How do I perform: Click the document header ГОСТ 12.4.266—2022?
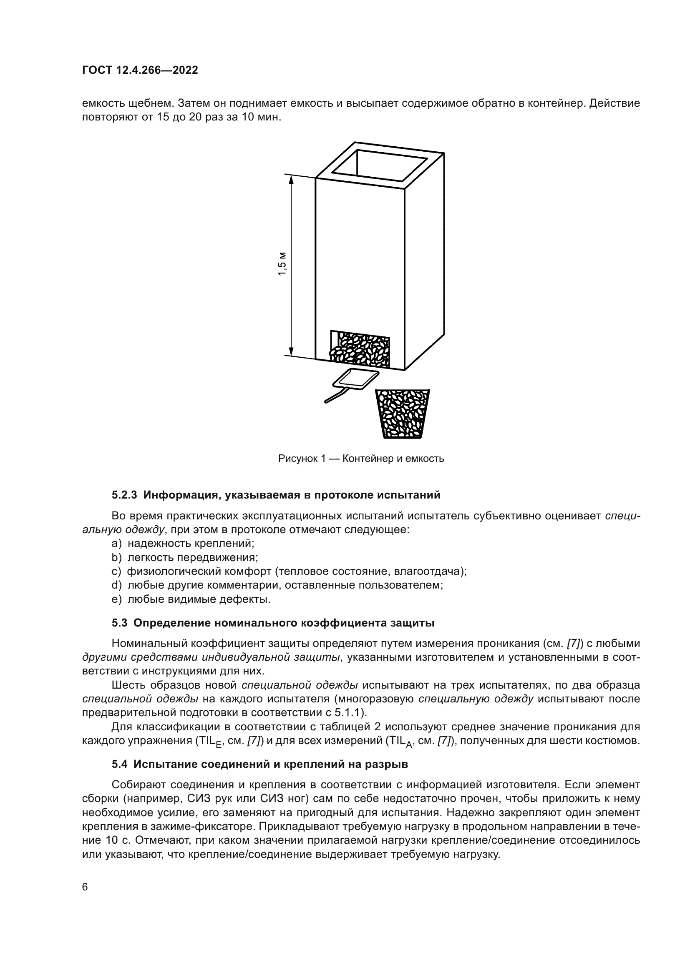[140, 70]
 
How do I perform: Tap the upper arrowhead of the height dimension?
[292, 180]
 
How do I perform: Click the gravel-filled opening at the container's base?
[360, 348]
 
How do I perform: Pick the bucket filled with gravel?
[402, 414]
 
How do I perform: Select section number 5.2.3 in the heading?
[125, 495]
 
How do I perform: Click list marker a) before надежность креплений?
[116, 543]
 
